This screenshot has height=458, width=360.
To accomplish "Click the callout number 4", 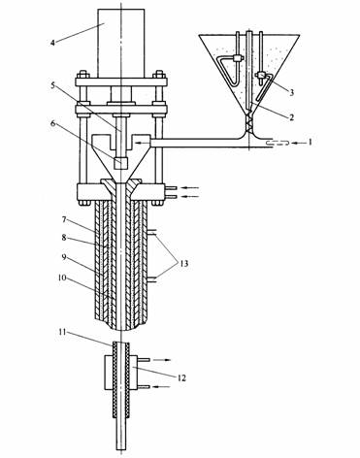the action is tap(52, 42).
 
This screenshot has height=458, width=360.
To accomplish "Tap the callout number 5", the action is tap(53, 85).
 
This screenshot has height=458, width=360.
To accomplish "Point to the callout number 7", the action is tap(64, 220).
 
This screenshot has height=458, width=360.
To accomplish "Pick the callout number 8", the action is tap(64, 238).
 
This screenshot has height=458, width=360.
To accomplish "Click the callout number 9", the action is tap(64, 257).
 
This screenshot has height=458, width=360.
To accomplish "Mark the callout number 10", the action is tap(63, 278).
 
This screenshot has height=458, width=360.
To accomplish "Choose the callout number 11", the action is tap(63, 332).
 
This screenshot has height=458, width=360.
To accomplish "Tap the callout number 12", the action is tap(182, 377).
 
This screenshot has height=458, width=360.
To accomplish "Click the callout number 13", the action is tap(183, 264).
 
